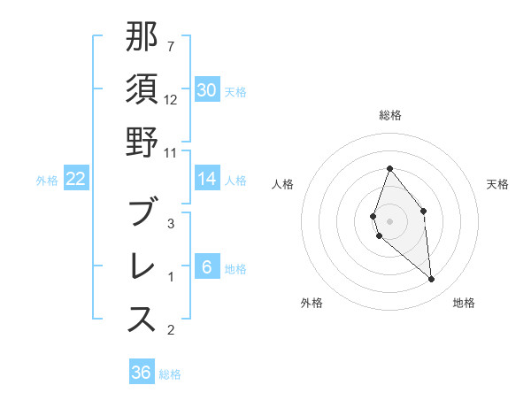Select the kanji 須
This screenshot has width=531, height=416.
click(x=142, y=89)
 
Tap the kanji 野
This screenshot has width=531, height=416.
click(x=142, y=143)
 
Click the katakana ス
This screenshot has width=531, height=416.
click(x=142, y=320)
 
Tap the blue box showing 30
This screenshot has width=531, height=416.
click(x=207, y=90)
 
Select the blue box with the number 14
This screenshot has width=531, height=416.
click(x=207, y=179)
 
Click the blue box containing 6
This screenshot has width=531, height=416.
click(x=207, y=267)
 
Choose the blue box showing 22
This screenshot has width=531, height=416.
click(x=76, y=179)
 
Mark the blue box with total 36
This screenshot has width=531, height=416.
click(x=142, y=373)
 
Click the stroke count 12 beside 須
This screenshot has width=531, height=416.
click(x=171, y=100)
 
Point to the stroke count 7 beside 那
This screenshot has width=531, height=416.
click(x=171, y=46)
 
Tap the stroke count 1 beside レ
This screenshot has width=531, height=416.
click(x=171, y=277)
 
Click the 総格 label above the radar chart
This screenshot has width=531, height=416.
click(x=389, y=115)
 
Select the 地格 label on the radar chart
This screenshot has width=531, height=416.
click(x=464, y=303)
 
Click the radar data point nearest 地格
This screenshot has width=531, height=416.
click(x=431, y=279)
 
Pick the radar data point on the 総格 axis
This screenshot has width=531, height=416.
click(x=389, y=168)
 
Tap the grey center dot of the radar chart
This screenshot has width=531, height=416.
click(x=389, y=221)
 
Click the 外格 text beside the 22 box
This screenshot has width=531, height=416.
click(x=47, y=180)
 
